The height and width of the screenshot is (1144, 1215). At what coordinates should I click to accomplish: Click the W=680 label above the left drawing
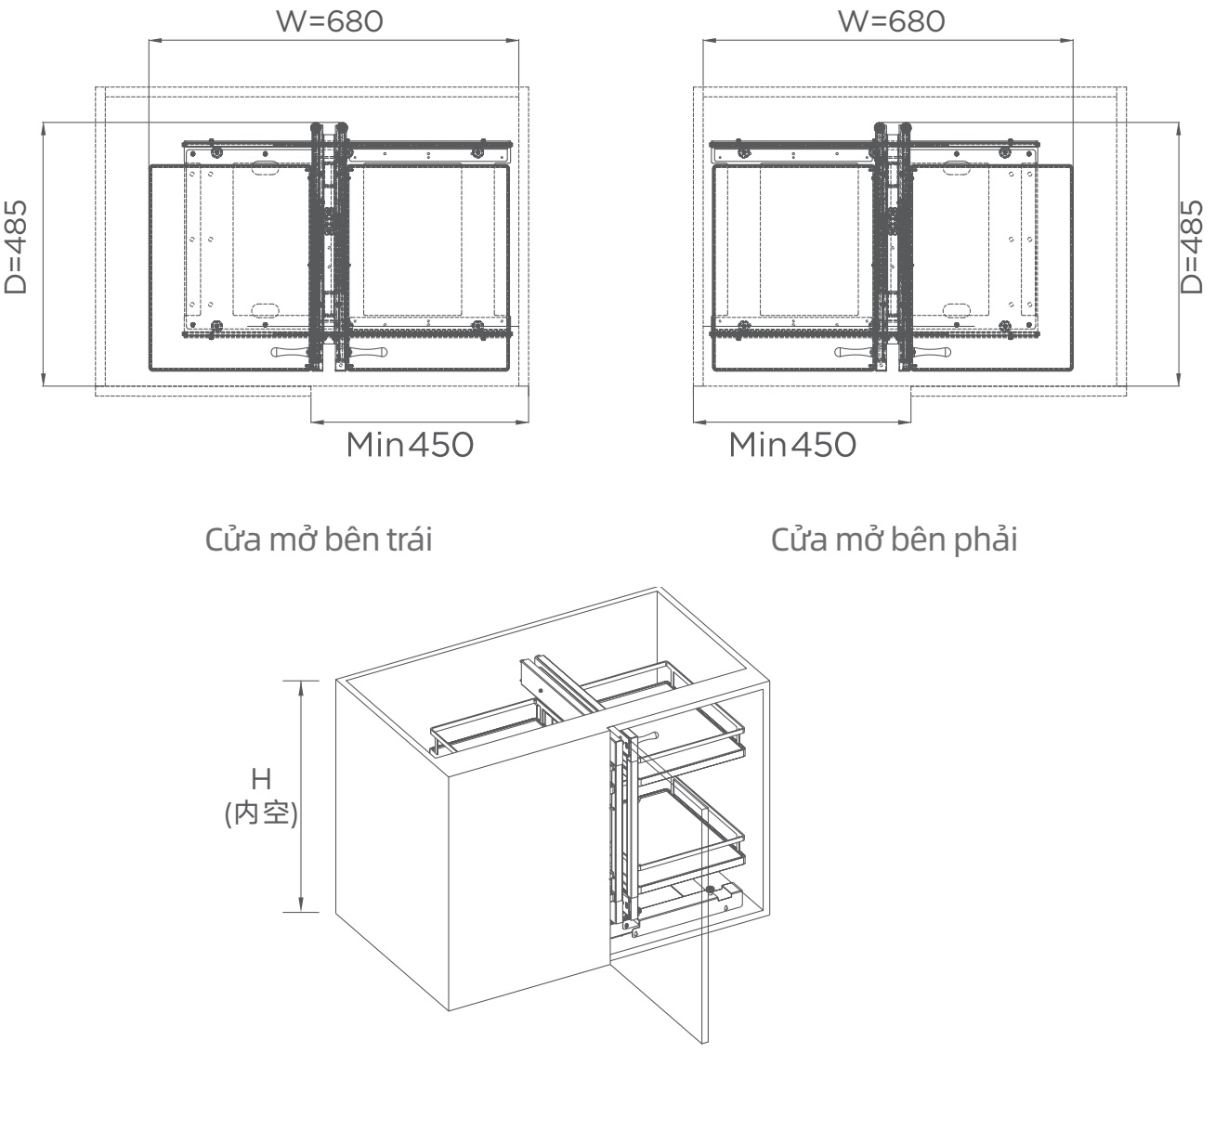[330, 21]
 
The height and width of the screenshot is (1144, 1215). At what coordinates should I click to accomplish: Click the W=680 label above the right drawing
[891, 21]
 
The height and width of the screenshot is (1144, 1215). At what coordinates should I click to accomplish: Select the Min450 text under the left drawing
[410, 445]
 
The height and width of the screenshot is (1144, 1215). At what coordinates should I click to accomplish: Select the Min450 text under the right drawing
[792, 445]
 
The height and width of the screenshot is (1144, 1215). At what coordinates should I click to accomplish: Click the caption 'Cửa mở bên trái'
[318, 539]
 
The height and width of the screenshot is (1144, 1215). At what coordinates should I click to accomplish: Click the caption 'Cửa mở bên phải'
[895, 539]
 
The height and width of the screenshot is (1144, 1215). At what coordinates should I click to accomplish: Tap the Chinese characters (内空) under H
[262, 814]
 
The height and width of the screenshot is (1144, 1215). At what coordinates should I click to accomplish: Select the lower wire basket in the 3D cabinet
[692, 826]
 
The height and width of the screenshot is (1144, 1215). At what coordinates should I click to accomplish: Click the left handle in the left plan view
[291, 353]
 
